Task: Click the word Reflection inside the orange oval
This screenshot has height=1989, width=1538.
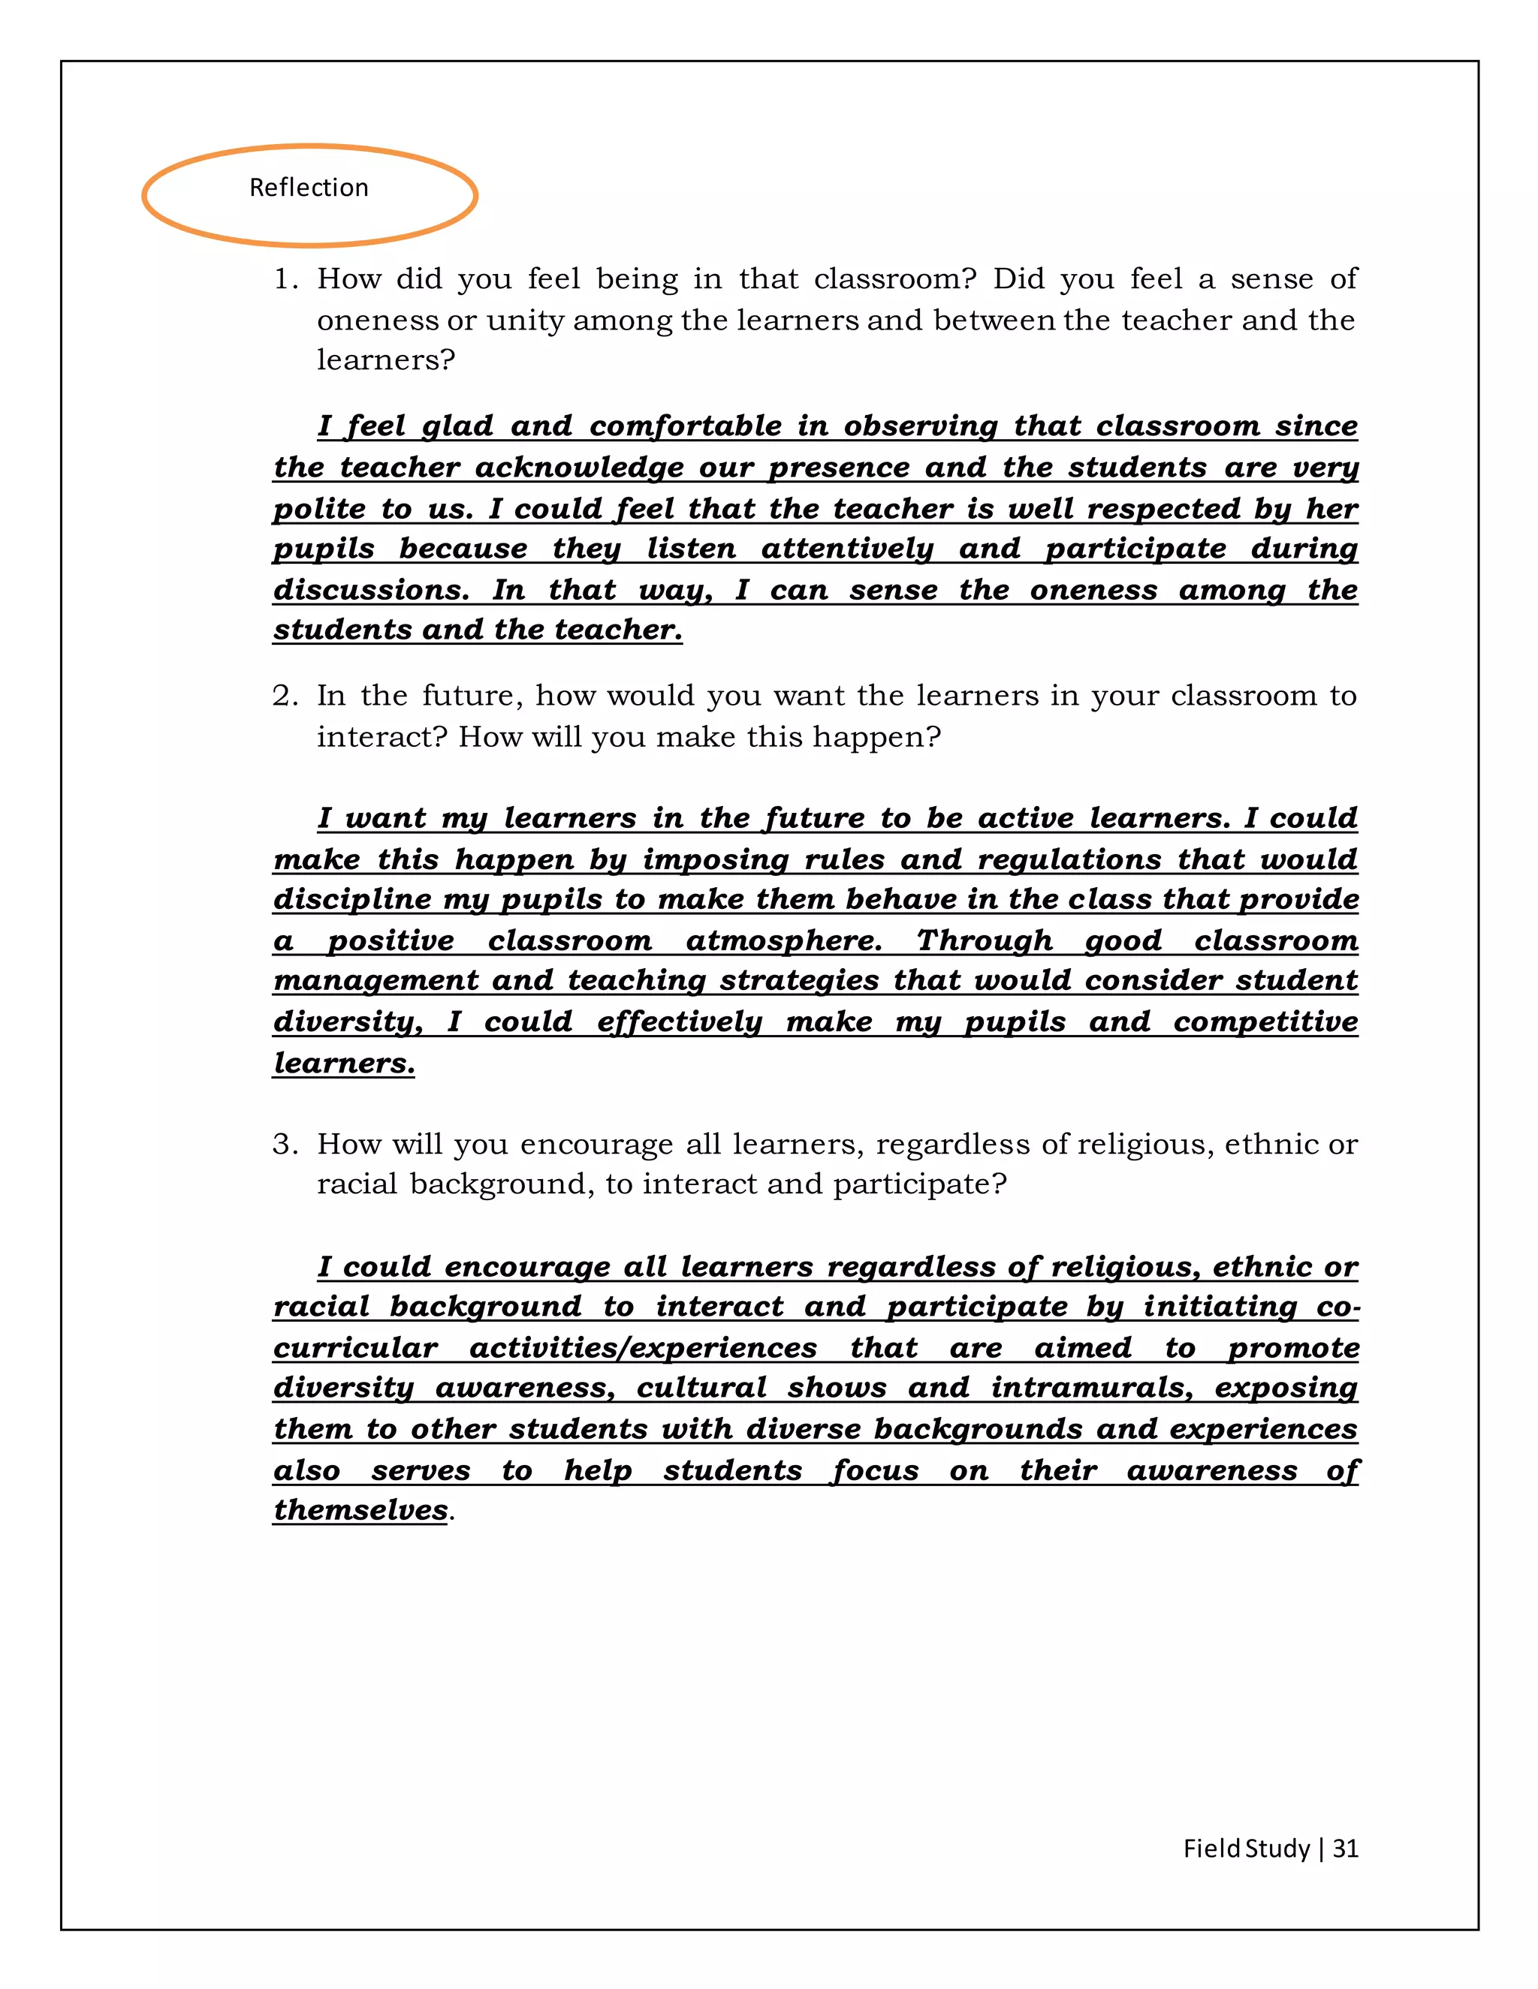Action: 309,188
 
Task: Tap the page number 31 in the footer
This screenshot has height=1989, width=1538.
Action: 1345,1848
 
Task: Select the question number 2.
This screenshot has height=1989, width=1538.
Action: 285,696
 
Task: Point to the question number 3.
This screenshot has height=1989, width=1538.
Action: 285,1144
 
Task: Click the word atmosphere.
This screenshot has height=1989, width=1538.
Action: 783,940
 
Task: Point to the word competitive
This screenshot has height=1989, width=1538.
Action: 1265,1021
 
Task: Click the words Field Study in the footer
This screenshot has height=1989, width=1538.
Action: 1246,1848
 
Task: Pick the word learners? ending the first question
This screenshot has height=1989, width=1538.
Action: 385,360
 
